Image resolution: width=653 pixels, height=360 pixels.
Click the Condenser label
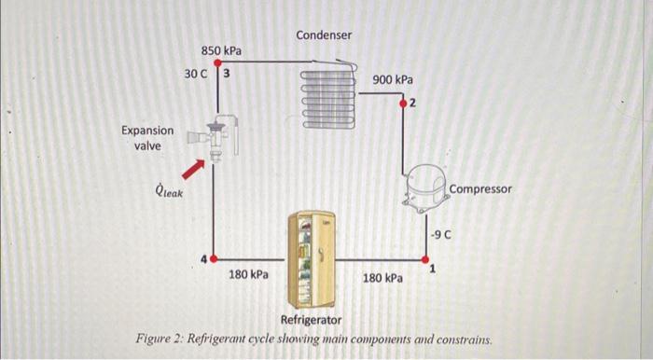[324, 35]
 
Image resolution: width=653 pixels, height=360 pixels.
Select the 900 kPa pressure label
[393, 80]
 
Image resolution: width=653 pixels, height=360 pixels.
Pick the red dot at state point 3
[217, 62]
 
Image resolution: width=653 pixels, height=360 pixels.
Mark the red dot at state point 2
[403, 102]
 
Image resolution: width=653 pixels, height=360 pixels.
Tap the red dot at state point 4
[214, 257]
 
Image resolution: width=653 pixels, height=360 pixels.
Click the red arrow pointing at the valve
[192, 168]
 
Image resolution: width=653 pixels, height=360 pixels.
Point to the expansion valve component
[215, 139]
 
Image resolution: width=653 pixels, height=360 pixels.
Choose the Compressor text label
[480, 188]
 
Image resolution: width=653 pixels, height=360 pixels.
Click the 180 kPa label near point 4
[248, 275]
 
